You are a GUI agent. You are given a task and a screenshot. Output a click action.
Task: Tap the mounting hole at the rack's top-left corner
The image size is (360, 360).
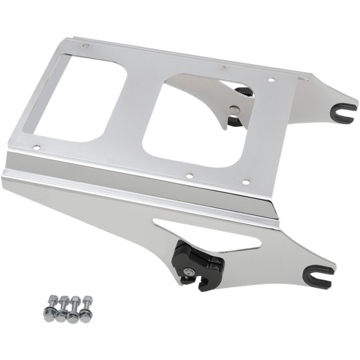pyautogui.click(x=85, y=46)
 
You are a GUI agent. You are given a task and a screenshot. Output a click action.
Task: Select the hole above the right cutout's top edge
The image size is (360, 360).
pyautogui.click(x=223, y=68)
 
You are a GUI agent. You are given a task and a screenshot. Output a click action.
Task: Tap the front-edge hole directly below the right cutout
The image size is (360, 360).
pyautogui.click(x=189, y=174)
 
